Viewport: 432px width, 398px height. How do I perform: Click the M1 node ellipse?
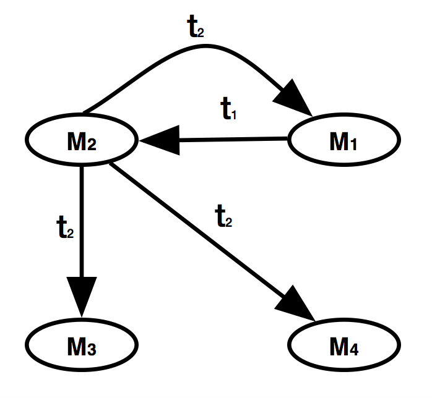(343, 142)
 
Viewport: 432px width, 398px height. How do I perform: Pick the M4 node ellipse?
(343, 348)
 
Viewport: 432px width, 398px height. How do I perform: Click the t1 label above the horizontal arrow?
(230, 109)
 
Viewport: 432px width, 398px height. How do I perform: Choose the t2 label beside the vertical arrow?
(65, 229)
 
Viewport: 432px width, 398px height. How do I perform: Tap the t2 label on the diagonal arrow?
(223, 216)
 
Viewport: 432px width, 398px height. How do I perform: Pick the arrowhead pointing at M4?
(300, 308)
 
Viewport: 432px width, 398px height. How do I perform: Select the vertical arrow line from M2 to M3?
(82, 216)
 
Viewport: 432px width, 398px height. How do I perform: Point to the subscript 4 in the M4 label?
(354, 352)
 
